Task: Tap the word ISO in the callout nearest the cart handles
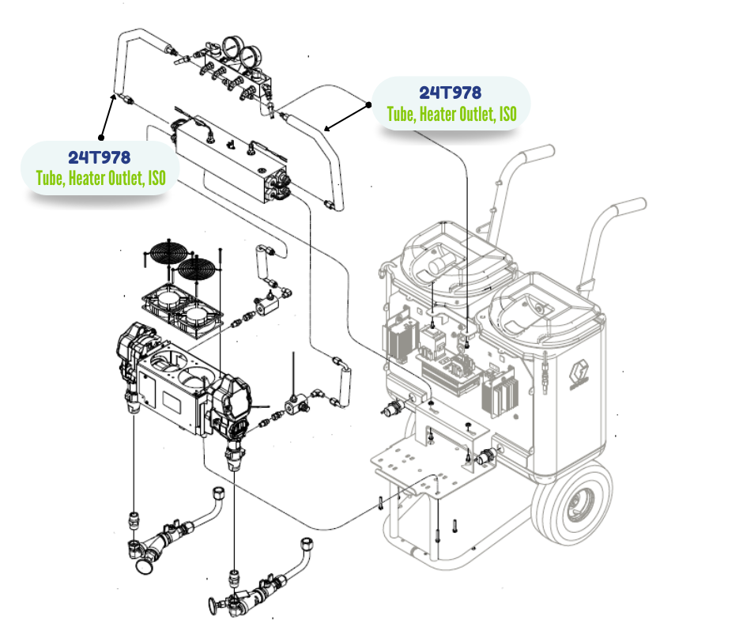(507, 115)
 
